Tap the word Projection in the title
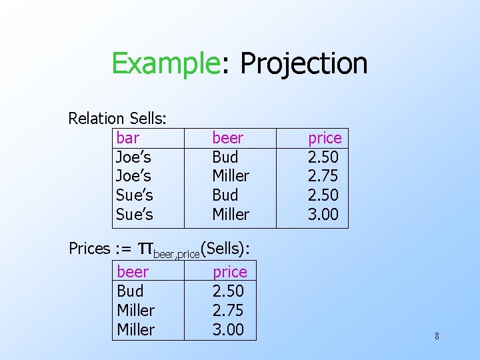pos(303,64)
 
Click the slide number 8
pos(437,336)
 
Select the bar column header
pos(127,138)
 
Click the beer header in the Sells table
pos(227,138)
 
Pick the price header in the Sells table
pos(324,138)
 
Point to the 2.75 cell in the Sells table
pos(323,176)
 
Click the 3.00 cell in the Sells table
pos(323,215)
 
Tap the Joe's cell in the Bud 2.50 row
pos(133,157)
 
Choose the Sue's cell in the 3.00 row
pos(134,215)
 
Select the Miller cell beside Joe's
pos(230,176)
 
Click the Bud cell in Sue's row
pos(225,195)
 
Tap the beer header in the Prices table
pos(132,272)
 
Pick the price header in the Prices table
pos(229,272)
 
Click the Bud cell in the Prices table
pos(129,291)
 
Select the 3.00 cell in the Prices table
pos(228,329)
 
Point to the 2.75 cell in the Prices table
pos(228,310)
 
